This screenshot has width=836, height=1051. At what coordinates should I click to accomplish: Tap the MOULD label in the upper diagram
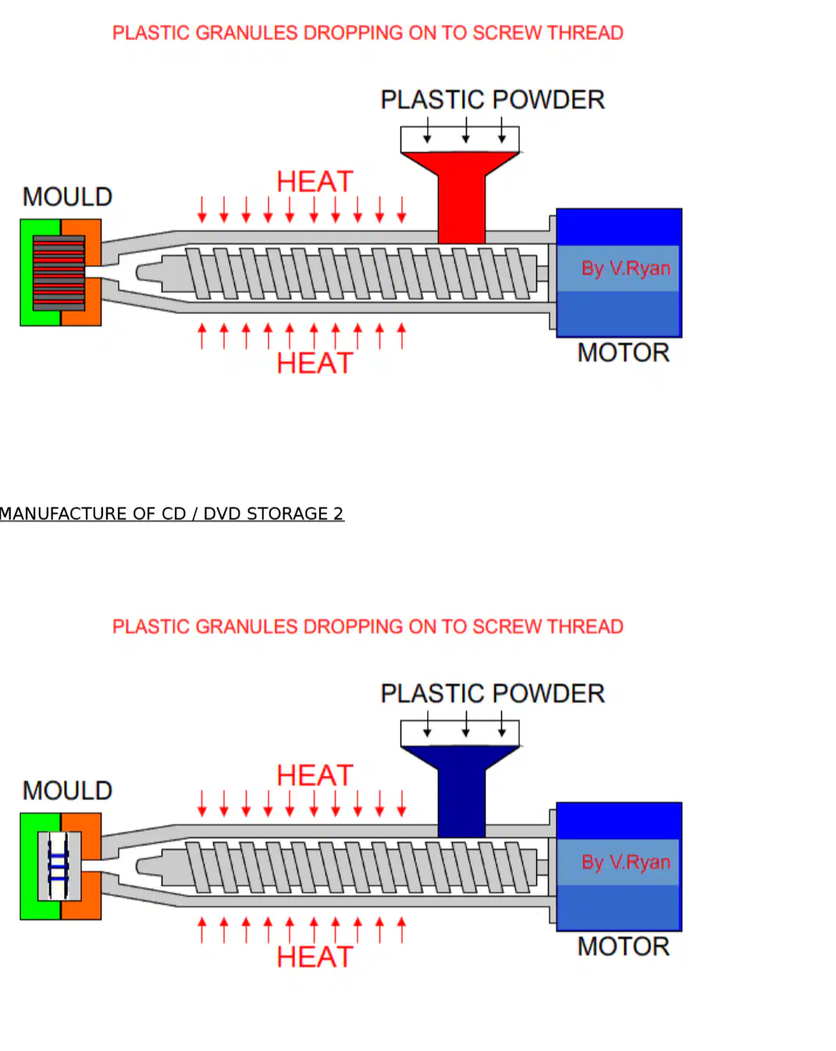[x=67, y=197]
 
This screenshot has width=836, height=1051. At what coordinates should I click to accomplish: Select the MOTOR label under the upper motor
[x=623, y=353]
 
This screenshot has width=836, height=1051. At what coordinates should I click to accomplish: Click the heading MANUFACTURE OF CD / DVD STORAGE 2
[x=172, y=513]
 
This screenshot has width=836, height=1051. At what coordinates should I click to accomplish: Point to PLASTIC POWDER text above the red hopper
[x=493, y=100]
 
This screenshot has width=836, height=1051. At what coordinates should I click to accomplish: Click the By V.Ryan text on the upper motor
[x=625, y=268]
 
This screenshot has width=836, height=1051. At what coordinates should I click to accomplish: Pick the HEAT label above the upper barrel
[x=315, y=182]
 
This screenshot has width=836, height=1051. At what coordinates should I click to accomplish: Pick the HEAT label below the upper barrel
[x=315, y=363]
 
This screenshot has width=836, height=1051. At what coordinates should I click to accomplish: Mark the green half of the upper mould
[x=40, y=273]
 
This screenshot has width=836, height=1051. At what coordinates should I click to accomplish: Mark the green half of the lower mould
[x=40, y=866]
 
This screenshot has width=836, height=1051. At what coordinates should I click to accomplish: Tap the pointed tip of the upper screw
[x=137, y=273]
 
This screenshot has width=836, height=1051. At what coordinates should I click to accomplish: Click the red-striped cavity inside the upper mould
[x=59, y=273]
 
